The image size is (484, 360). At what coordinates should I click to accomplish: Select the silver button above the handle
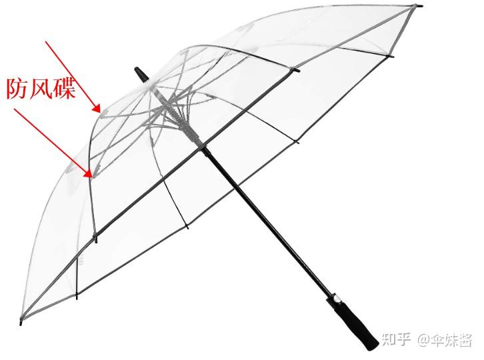coord(336,298)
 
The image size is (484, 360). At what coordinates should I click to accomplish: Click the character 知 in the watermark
coord(393,340)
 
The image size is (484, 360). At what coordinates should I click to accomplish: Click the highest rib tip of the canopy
coord(419,7)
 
